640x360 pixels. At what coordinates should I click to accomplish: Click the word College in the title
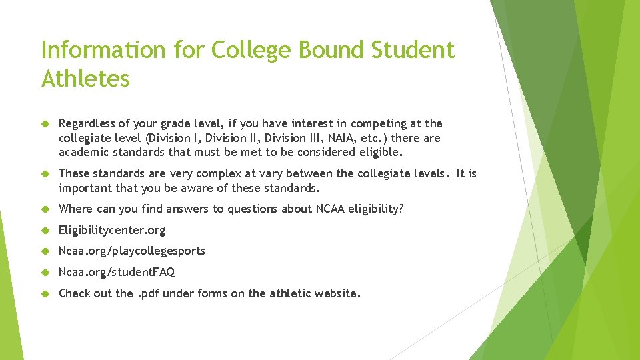[x=252, y=50]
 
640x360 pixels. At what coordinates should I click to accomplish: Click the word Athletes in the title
[x=85, y=79]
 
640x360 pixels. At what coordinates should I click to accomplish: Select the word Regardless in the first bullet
[x=85, y=123]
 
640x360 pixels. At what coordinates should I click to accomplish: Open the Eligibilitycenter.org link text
[x=112, y=230]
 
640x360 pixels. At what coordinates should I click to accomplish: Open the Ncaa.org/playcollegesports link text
[x=132, y=251]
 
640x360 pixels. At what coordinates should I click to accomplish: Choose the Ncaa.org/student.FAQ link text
[x=117, y=272]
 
